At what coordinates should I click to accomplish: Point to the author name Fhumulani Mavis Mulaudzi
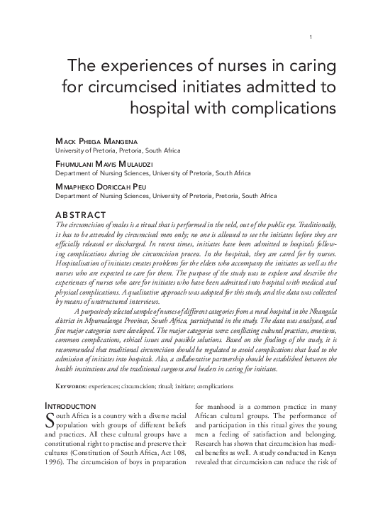click(x=107, y=163)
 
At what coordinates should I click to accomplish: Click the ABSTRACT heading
click(x=80, y=214)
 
